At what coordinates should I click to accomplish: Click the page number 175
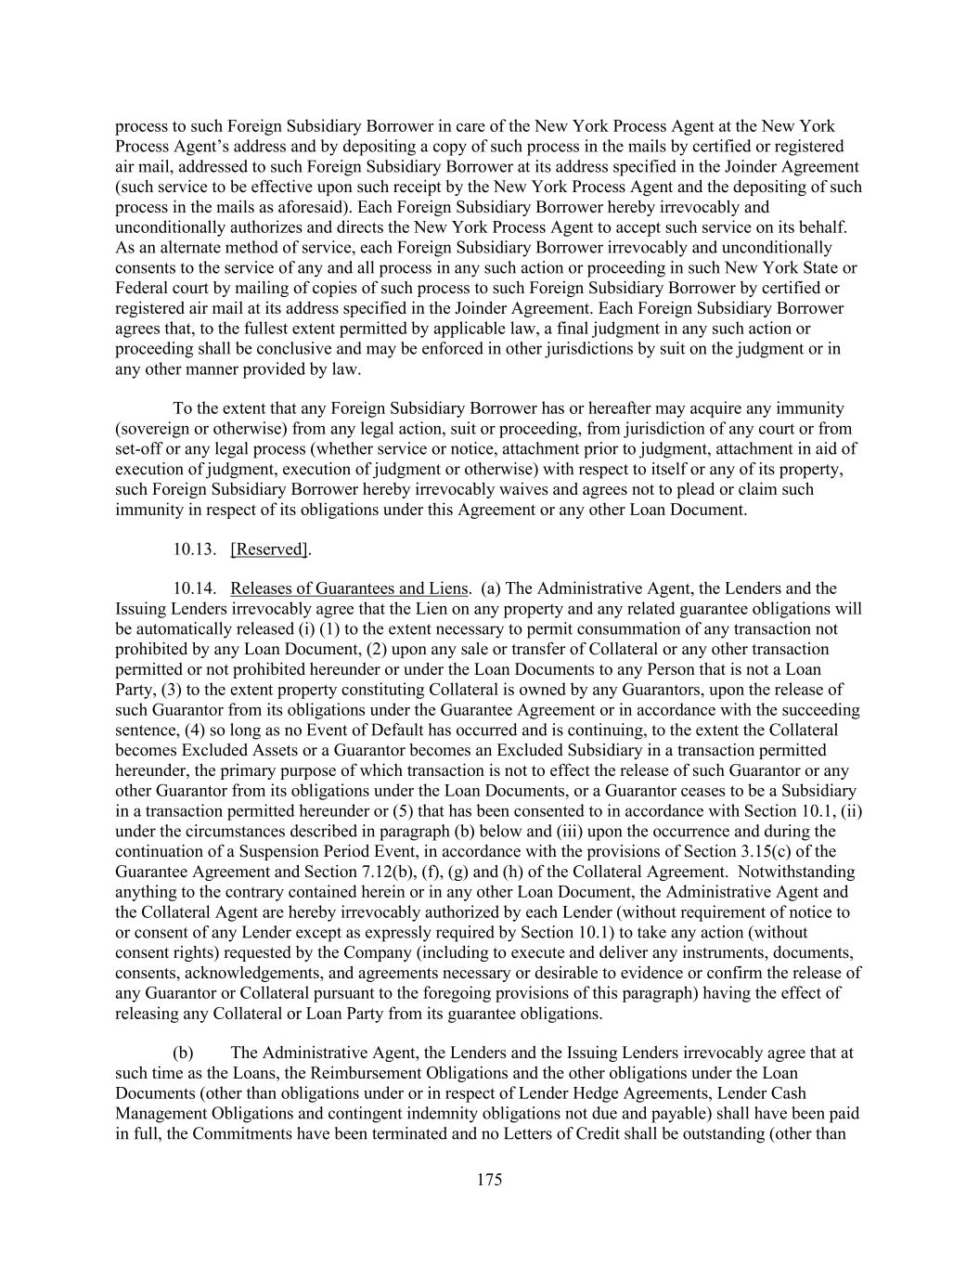tap(489, 1180)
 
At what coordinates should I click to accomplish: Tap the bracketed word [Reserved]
tap(269, 549)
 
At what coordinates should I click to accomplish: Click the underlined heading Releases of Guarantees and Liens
tap(349, 588)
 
